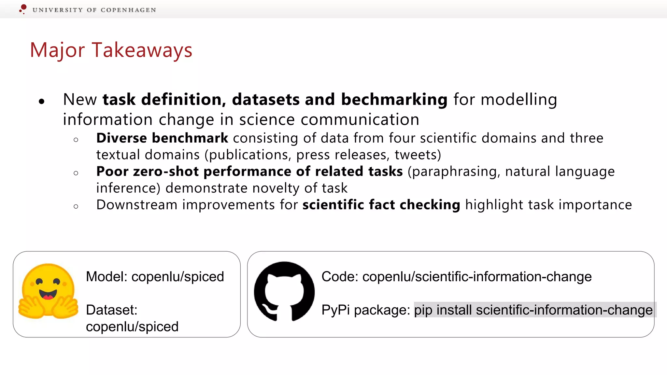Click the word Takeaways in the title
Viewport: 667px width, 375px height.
tap(142, 50)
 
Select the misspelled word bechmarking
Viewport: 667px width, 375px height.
tap(394, 99)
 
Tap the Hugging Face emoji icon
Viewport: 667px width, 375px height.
tap(48, 291)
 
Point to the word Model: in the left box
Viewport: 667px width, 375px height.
tap(106, 277)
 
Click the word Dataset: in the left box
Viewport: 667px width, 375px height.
tap(112, 310)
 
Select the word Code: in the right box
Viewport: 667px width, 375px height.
tap(340, 277)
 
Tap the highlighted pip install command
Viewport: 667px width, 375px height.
tap(533, 310)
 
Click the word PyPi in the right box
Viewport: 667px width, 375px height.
tap(335, 310)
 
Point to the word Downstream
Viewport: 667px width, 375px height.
tap(137, 205)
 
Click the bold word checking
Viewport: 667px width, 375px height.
tap(430, 205)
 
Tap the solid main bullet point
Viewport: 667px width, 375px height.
tap(41, 102)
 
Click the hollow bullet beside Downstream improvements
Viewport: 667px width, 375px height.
tap(76, 206)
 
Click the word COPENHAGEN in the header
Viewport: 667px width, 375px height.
tap(128, 10)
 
